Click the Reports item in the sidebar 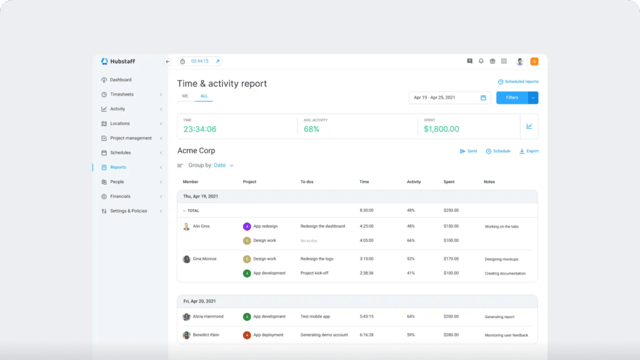pos(117,167)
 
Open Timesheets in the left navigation pos(121,94)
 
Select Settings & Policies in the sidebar pos(128,211)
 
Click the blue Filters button pos(512,97)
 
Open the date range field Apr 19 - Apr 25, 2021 pos(449,97)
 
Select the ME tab pos(185,96)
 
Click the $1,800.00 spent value pos(441,129)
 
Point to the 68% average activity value pos(311,129)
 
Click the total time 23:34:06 pos(199,129)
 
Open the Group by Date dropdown pos(222,166)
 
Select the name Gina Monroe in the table pos(205,259)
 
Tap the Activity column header pos(414,182)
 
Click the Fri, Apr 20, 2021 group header pos(199,301)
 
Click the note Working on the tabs pos(501,227)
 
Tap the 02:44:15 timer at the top pos(200,61)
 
